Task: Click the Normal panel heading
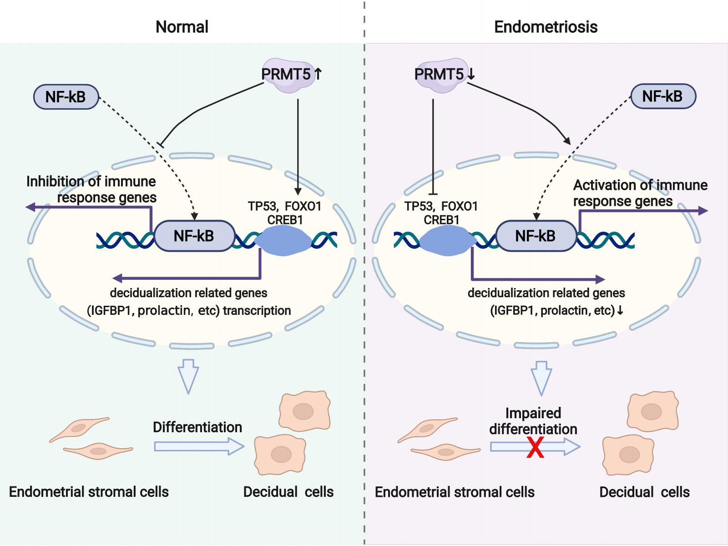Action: pyautogui.click(x=182, y=26)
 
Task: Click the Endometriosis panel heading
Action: pyautogui.click(x=546, y=26)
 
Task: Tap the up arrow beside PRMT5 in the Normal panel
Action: pyautogui.click(x=318, y=74)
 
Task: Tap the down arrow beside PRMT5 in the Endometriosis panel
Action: pyautogui.click(x=471, y=74)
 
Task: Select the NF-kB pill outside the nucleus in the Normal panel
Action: pyautogui.click(x=66, y=97)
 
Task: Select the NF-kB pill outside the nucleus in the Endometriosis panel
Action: pyautogui.click(x=662, y=96)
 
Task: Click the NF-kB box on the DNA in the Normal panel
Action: pyautogui.click(x=194, y=236)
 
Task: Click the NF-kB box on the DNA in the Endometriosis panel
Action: pyautogui.click(x=536, y=236)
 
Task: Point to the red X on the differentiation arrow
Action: pyautogui.click(x=535, y=447)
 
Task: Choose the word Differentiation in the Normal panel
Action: pyautogui.click(x=197, y=427)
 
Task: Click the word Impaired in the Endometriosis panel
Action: pyautogui.click(x=533, y=413)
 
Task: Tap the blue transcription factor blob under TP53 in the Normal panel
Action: pyautogui.click(x=283, y=240)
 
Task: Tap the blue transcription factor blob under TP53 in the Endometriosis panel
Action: pyautogui.click(x=449, y=240)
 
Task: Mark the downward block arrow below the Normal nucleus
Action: pyautogui.click(x=188, y=376)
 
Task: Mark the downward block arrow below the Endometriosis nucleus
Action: pyautogui.click(x=541, y=378)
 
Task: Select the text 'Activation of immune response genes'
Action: pyautogui.click(x=640, y=193)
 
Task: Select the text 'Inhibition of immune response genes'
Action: pyautogui.click(x=91, y=189)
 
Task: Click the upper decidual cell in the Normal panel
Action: pyautogui.click(x=304, y=411)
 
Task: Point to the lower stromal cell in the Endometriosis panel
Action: pyautogui.click(x=446, y=451)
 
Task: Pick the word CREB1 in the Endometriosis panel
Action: pyautogui.click(x=441, y=220)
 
